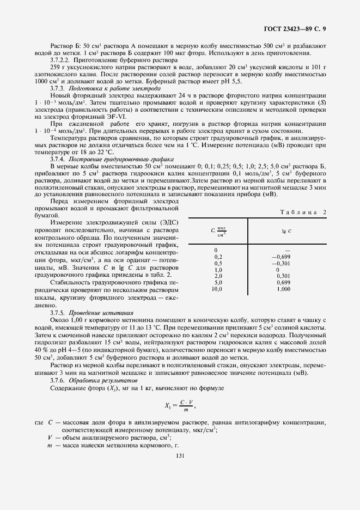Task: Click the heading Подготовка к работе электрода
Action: click(x=103, y=88)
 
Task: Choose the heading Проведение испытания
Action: click(x=103, y=313)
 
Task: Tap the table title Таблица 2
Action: click(x=302, y=212)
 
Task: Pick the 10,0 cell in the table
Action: click(x=217, y=289)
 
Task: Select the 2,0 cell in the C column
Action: click(x=218, y=276)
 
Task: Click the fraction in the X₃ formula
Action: click(x=187, y=405)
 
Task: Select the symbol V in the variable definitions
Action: click(x=50, y=437)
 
